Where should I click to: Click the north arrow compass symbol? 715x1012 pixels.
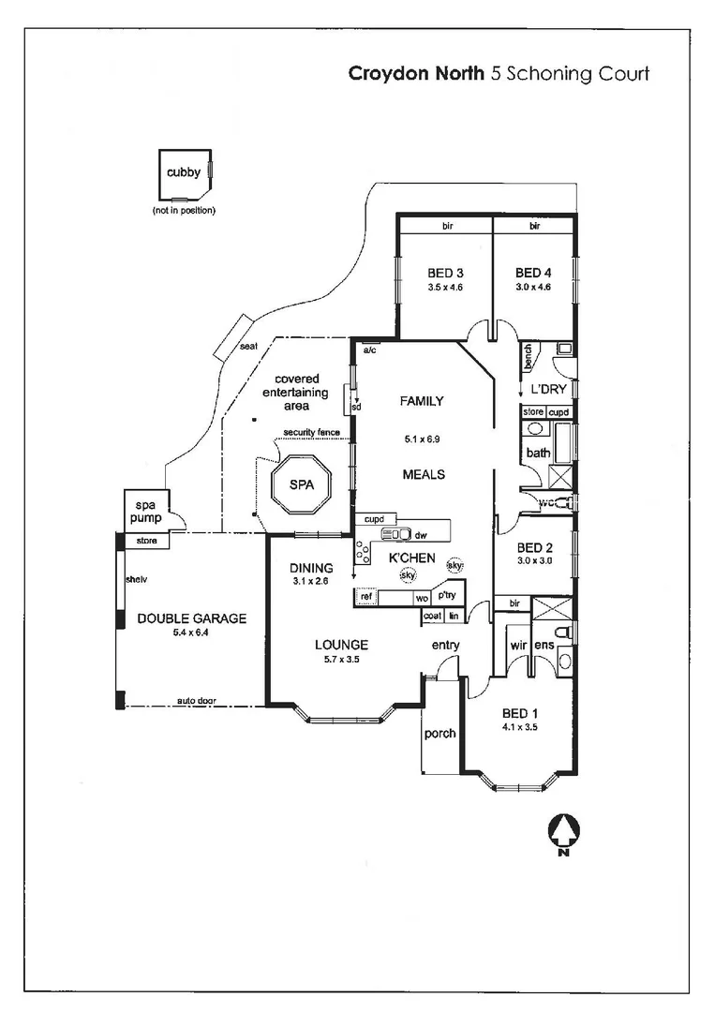tap(562, 833)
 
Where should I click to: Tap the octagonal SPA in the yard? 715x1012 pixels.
tap(301, 484)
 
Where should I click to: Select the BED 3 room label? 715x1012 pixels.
tap(439, 273)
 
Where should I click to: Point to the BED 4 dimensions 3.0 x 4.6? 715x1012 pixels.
tap(533, 288)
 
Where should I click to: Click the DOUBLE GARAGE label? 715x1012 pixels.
tap(191, 618)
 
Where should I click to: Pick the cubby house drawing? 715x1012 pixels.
tap(186, 175)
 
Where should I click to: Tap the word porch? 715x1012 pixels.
tap(439, 733)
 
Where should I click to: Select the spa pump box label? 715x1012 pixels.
tap(141, 510)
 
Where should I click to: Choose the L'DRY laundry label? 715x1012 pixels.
tap(547, 389)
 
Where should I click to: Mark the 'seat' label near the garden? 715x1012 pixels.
tap(248, 346)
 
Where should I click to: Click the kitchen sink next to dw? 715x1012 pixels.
tap(392, 535)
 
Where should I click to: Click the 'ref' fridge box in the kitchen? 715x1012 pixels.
tap(366, 597)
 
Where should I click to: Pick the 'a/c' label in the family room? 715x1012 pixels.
tap(369, 350)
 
